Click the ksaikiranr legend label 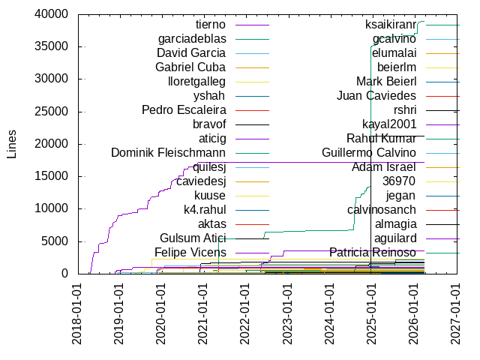pos(390,25)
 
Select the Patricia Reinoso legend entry pos(372,252)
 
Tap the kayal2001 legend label pos(388,124)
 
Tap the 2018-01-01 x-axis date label pos(77,314)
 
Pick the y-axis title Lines pos(12,144)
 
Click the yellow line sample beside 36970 pos(442,181)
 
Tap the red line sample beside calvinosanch pos(442,210)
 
